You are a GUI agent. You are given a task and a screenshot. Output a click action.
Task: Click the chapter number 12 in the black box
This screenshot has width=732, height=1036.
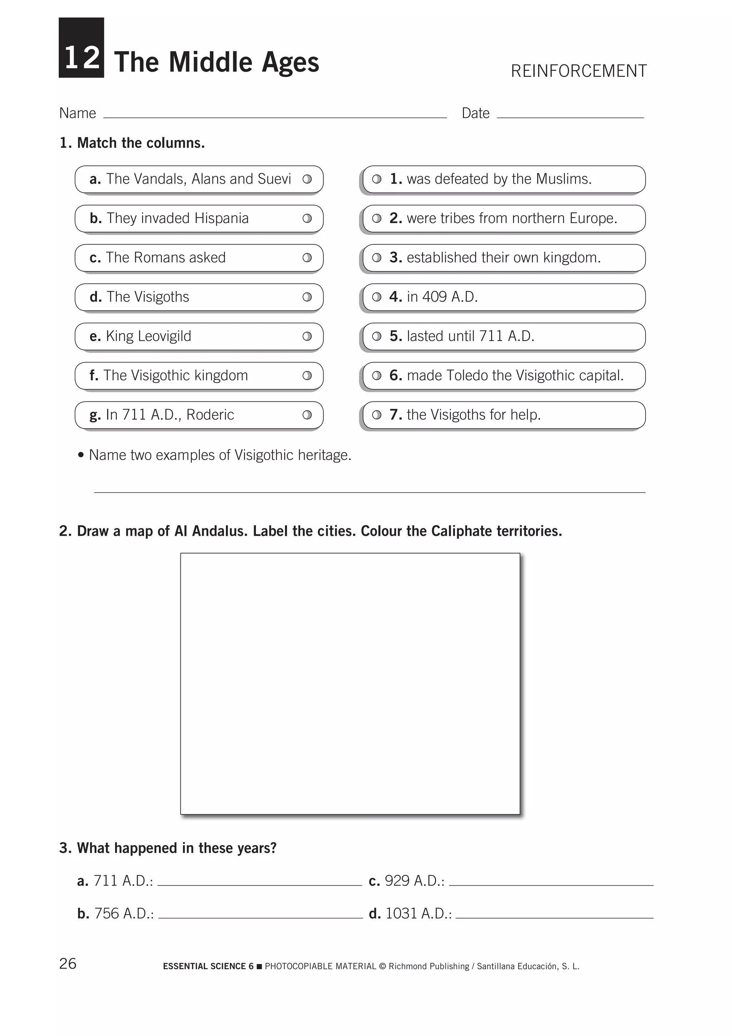[81, 58]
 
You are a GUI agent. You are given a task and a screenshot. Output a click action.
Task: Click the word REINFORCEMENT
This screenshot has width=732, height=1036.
[579, 71]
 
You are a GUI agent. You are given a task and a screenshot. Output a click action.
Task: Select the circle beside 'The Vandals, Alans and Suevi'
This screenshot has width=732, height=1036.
[307, 179]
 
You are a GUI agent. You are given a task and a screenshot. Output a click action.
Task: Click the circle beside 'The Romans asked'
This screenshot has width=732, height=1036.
[307, 258]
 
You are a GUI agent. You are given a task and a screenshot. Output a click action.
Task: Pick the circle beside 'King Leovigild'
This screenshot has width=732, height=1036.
[307, 336]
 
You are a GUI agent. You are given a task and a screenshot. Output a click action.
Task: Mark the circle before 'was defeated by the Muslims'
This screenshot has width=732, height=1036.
[377, 179]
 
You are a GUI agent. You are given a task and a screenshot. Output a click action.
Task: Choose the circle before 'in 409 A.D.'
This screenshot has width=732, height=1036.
[377, 297]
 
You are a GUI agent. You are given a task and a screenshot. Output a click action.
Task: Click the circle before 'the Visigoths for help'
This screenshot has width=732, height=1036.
[377, 415]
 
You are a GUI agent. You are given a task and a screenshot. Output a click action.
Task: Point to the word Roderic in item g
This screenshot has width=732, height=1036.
[210, 415]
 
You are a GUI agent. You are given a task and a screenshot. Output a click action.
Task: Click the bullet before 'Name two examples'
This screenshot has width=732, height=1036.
[81, 455]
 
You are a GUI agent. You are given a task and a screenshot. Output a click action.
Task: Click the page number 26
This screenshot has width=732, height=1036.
[68, 963]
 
